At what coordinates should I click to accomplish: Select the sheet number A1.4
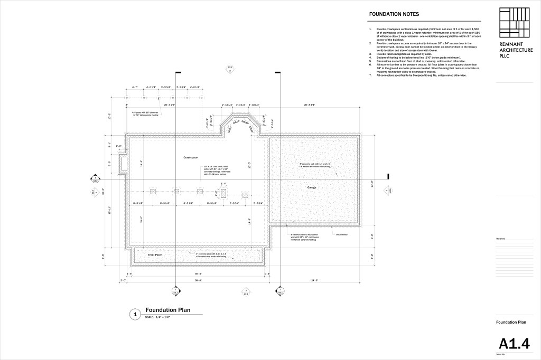pos(514,344)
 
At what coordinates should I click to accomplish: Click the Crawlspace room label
pos(190,157)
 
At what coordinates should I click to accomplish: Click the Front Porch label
pos(155,255)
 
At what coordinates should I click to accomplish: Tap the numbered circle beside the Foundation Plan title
pos(135,314)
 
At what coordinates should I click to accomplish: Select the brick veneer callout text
pos(341,234)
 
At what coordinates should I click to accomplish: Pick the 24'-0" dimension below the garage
pos(315,280)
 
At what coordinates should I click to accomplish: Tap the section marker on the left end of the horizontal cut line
pos(96,178)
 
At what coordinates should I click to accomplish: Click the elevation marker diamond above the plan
pos(230,69)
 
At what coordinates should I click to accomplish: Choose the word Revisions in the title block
pos(501,238)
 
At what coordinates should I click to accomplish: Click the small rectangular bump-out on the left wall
pos(124,164)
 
